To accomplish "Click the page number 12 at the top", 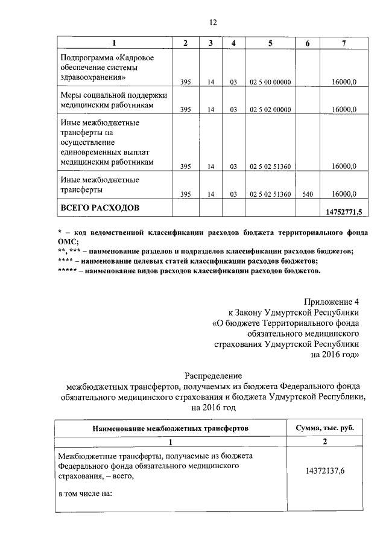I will click(x=213, y=22).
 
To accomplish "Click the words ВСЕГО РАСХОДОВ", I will click(x=100, y=208).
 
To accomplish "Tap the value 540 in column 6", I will click(x=307, y=194).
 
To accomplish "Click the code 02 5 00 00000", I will click(x=270, y=81).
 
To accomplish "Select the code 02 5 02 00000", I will click(x=270, y=110).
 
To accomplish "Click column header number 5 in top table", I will click(x=270, y=43).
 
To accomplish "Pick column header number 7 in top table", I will click(x=343, y=43).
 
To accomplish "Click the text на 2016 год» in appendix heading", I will click(x=335, y=355).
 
